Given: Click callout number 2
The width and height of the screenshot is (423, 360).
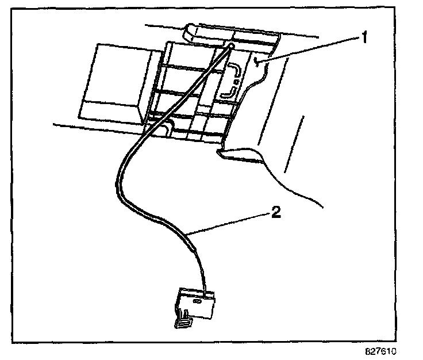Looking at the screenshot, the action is pos(276,213).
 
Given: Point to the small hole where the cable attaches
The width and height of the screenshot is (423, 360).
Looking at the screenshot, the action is pos(230,45).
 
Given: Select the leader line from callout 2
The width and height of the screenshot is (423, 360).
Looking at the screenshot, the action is pos(230,223).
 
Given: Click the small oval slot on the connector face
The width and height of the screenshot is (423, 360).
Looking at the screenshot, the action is pos(197,300).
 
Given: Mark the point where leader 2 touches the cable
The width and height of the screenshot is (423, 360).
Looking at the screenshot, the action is pos(189,232).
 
